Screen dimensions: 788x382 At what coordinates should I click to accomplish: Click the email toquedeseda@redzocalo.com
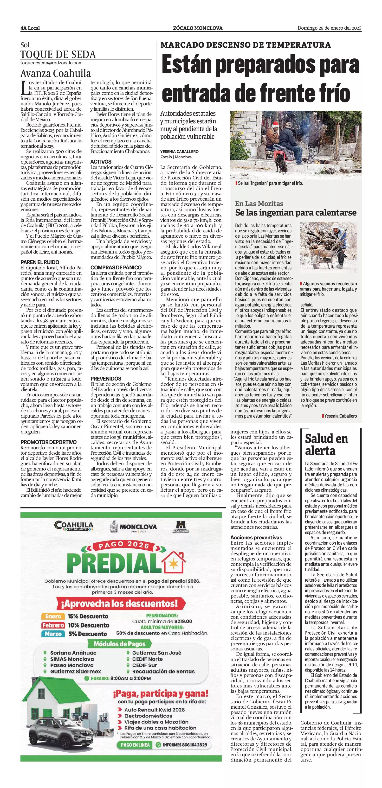[x=52, y=63]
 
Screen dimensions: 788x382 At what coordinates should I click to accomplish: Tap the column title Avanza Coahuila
[x=56, y=74]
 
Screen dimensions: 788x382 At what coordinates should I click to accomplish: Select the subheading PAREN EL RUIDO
[x=40, y=262]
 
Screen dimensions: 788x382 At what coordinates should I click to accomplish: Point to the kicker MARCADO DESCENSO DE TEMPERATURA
[x=246, y=45]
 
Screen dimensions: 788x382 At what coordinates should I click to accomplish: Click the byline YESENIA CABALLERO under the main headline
[x=179, y=152]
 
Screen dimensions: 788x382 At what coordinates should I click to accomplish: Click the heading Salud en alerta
[x=326, y=445]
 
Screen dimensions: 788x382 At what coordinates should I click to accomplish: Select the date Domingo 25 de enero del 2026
[x=329, y=28]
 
